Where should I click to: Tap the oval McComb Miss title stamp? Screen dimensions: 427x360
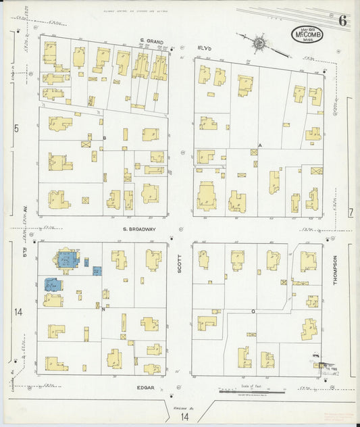(307, 34)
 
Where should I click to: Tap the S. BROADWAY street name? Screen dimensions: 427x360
(139, 229)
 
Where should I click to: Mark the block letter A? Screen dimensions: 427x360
(260, 145)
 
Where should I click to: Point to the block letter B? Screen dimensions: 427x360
(104, 138)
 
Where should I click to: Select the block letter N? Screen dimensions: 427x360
(103, 309)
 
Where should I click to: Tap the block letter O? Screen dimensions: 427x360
(253, 311)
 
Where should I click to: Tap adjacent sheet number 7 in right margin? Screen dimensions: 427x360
(351, 213)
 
